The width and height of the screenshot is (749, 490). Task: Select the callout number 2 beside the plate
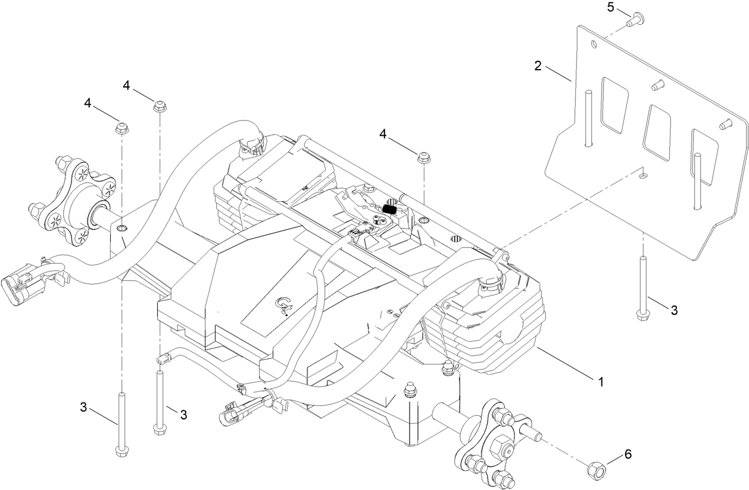tap(538, 65)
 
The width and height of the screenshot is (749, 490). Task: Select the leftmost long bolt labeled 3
tap(121, 423)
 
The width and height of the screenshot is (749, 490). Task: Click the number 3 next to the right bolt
tap(674, 310)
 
